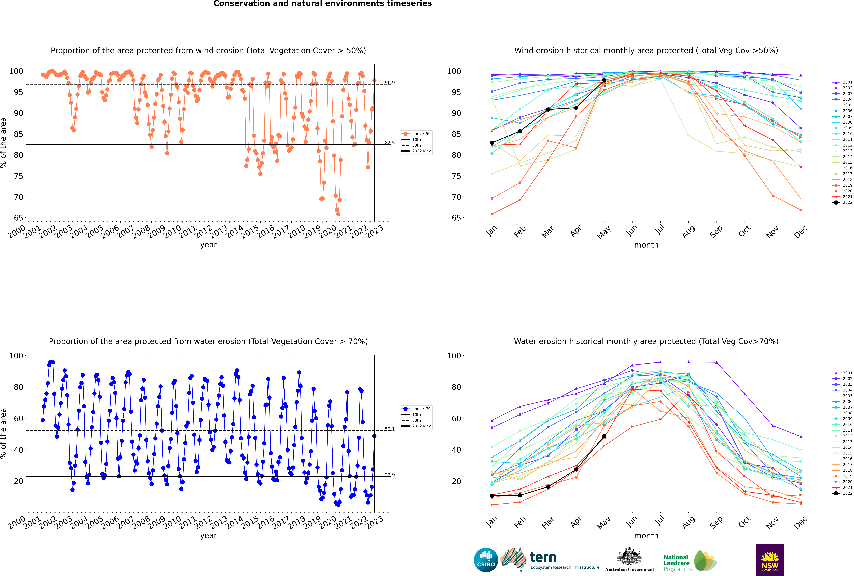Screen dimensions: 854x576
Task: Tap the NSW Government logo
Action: (x=770, y=560)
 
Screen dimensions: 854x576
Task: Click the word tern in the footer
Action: (x=543, y=558)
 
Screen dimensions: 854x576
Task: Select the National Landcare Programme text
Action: (x=677, y=563)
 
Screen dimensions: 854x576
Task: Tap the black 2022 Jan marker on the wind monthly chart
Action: (x=492, y=143)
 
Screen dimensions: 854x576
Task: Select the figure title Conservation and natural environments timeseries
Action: (x=323, y=4)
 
